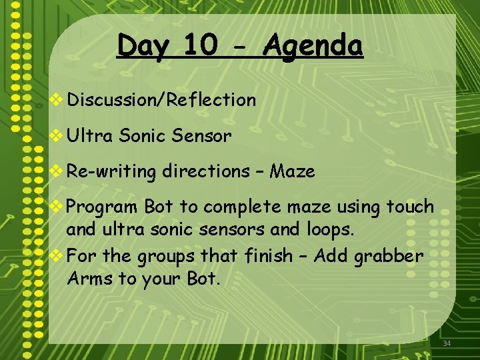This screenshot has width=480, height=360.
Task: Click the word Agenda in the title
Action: tap(313, 46)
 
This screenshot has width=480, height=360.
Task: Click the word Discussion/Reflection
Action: tap(161, 101)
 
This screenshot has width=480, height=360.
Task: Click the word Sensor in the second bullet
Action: tap(201, 137)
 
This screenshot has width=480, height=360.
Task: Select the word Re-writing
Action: tap(111, 172)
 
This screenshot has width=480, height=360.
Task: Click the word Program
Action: tap(103, 207)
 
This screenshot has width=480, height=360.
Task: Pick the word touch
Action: tap(410, 207)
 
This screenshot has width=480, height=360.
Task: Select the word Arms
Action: tap(89, 279)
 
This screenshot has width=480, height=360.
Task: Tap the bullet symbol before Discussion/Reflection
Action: tap(57, 101)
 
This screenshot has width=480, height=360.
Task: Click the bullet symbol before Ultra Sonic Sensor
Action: tap(57, 137)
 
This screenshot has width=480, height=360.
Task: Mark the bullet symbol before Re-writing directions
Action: tap(57, 171)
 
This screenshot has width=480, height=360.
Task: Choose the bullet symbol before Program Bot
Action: tap(57, 207)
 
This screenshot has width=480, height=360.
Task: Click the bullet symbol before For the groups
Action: tap(57, 255)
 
